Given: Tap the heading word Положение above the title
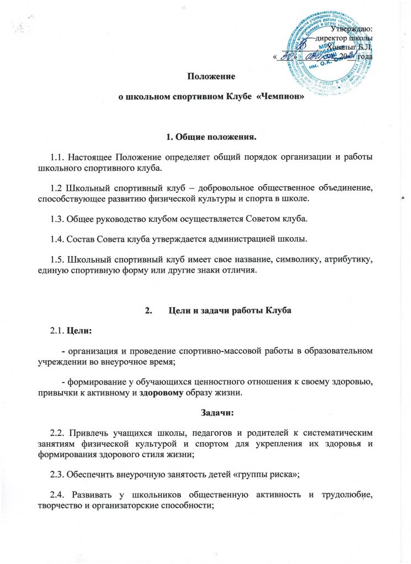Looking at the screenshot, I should [205, 75].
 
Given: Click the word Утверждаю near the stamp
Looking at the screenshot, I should [353, 28].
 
